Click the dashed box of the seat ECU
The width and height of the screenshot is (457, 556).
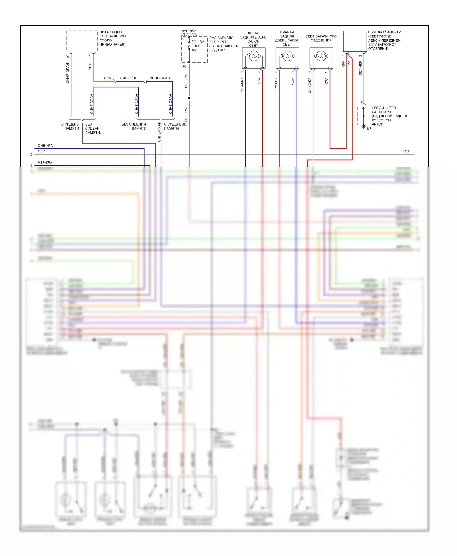click(82, 41)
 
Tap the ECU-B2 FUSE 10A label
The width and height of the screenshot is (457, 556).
click(197, 46)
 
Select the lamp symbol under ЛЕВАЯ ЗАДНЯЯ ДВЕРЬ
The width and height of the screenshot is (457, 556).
click(253, 57)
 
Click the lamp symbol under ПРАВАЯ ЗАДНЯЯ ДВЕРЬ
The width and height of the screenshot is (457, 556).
click(287, 57)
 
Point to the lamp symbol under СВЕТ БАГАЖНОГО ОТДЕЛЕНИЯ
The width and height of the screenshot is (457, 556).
click(321, 57)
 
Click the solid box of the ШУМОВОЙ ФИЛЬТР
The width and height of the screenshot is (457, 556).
click(355, 41)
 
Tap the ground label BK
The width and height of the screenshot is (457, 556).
click(369, 128)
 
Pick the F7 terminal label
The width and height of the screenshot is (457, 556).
click(185, 66)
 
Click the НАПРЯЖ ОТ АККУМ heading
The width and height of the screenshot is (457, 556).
click(189, 33)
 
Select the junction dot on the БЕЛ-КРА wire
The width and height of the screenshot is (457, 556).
click(189, 98)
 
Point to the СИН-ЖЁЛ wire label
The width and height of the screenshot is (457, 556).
click(128, 78)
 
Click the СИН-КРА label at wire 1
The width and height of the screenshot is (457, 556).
click(45, 146)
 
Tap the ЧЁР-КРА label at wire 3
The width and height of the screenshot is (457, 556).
click(45, 162)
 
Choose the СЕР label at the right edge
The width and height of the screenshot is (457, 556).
click(407, 151)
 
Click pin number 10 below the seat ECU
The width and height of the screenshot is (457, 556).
click(68, 56)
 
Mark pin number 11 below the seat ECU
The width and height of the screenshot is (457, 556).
click(90, 56)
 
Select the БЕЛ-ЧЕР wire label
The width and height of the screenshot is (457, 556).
click(360, 68)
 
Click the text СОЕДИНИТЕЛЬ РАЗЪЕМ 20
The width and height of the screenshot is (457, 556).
click(384, 110)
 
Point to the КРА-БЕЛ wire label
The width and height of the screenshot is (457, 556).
click(276, 84)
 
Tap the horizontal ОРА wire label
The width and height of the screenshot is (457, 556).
click(107, 78)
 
